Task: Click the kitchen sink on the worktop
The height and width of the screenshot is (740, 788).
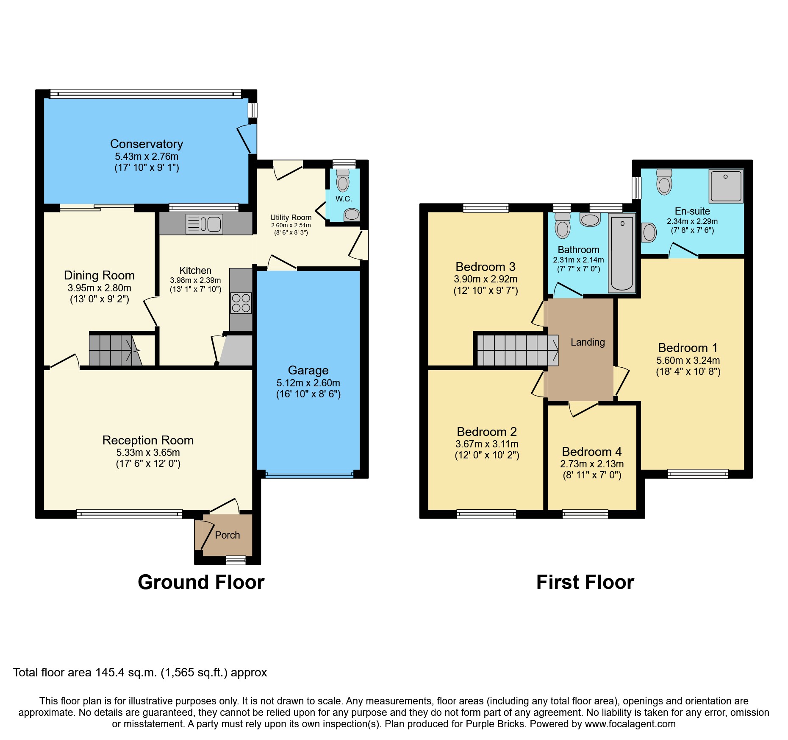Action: click(204, 224)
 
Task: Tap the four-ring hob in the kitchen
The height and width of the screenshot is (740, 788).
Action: click(241, 303)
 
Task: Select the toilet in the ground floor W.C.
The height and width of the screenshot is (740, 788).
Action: click(342, 182)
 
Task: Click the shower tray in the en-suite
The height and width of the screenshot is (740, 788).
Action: click(726, 186)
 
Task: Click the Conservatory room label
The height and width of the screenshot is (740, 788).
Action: click(147, 144)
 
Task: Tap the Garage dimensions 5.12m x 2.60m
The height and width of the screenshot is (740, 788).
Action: click(308, 383)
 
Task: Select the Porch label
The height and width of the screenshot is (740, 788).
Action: click(227, 535)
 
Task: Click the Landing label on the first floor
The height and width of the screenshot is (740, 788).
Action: click(587, 342)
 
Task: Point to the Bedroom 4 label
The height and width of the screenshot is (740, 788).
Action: click(591, 452)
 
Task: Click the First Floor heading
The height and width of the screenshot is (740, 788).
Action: click(585, 582)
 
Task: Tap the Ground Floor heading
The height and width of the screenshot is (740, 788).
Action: click(201, 582)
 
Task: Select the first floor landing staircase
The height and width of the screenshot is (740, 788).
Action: click(517, 350)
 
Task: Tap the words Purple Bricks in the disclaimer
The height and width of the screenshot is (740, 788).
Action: click(495, 724)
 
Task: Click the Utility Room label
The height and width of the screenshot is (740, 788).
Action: click(291, 218)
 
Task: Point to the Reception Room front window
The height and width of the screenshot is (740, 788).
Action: click(129, 514)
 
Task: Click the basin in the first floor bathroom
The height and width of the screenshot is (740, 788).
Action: click(590, 220)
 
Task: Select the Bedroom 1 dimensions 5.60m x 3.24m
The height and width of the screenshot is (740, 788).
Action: click(688, 360)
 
